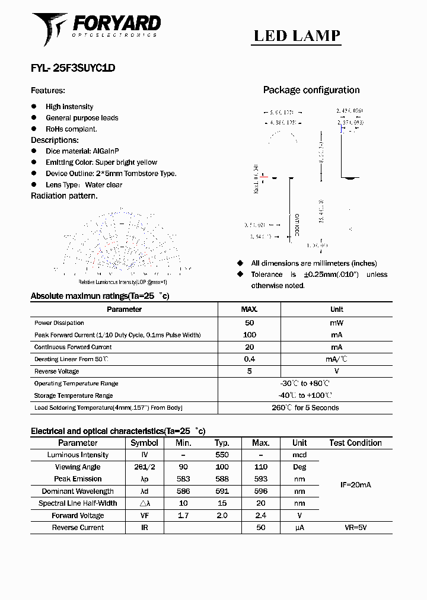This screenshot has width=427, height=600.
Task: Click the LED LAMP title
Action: coord(297,36)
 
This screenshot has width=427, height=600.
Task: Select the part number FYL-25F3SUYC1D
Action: coord(73,68)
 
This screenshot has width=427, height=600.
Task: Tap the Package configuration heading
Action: coord(311,90)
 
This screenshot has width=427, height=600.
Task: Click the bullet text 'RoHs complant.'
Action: coord(71,129)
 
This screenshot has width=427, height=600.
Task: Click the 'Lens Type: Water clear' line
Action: coord(84,184)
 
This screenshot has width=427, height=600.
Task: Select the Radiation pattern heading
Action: coord(64,196)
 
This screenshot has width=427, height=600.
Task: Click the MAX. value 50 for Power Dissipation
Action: coord(249,323)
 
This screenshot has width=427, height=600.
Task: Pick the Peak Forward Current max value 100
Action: coord(249,335)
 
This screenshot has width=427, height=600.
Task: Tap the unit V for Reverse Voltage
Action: coord(336,371)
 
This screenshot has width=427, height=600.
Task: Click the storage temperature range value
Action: coord(304,395)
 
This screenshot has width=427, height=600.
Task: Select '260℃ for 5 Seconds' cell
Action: coord(305,408)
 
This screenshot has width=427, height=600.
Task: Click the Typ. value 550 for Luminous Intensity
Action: coord(222,455)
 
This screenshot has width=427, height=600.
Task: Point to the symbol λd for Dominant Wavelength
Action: coord(144,491)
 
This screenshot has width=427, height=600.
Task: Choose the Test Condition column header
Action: coord(355,443)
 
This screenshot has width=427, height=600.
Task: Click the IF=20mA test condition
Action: coord(355,485)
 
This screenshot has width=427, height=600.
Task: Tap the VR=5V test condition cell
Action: coord(355,527)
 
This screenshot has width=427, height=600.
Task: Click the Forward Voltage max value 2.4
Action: coord(260,515)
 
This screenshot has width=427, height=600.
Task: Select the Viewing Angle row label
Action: coord(78,467)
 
